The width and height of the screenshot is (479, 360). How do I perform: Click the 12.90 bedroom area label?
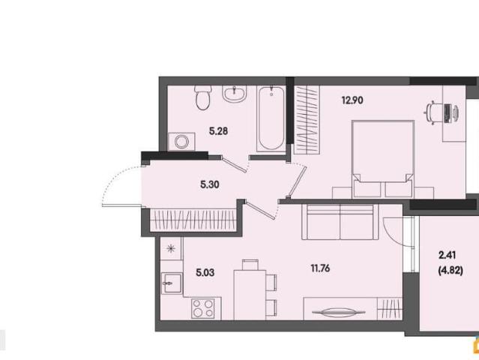click(352, 100)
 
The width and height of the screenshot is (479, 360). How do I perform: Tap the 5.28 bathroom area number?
click(218, 131)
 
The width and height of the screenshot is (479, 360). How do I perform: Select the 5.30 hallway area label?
click(210, 184)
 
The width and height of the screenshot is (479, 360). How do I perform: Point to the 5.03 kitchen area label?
click(205, 272)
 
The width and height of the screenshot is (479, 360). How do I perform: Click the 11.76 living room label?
click(320, 268)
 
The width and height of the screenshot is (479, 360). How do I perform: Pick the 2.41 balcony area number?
click(448, 255)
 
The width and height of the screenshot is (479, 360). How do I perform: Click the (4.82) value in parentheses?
click(451, 271)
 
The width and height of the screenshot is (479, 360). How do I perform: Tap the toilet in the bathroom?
click(202, 97)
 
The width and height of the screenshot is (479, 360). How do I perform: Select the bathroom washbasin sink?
click(235, 94)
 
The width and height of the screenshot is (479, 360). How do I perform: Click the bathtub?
click(271, 119)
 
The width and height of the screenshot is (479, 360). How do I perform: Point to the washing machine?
click(181, 142)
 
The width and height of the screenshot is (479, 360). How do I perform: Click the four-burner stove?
click(203, 308)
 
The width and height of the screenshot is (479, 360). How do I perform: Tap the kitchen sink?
click(172, 283)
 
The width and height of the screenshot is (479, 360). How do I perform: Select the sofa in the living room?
click(340, 222)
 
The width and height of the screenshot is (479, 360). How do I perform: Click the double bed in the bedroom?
click(383, 159)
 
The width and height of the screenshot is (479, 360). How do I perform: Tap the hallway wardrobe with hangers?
click(193, 220)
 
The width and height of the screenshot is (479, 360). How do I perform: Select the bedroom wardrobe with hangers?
click(307, 120)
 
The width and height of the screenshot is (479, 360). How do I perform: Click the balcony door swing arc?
click(392, 233)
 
